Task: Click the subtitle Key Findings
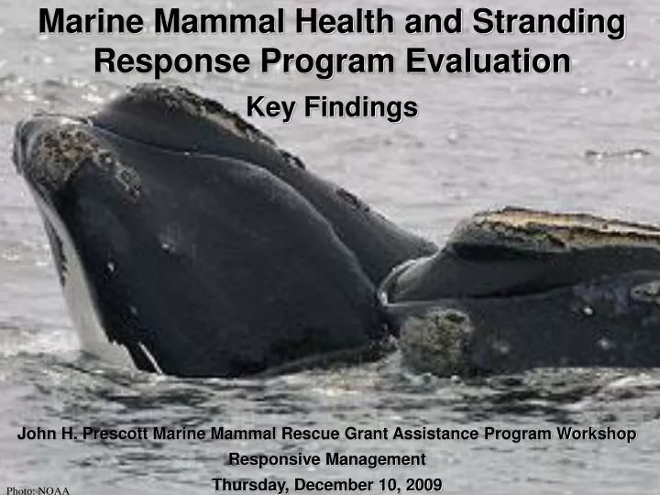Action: pyautogui.click(x=332, y=108)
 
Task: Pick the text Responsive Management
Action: pyautogui.click(x=326, y=459)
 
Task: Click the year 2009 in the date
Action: pyautogui.click(x=424, y=484)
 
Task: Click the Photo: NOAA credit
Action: pyautogui.click(x=38, y=489)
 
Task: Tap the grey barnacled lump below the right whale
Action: pyautogui.click(x=437, y=341)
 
